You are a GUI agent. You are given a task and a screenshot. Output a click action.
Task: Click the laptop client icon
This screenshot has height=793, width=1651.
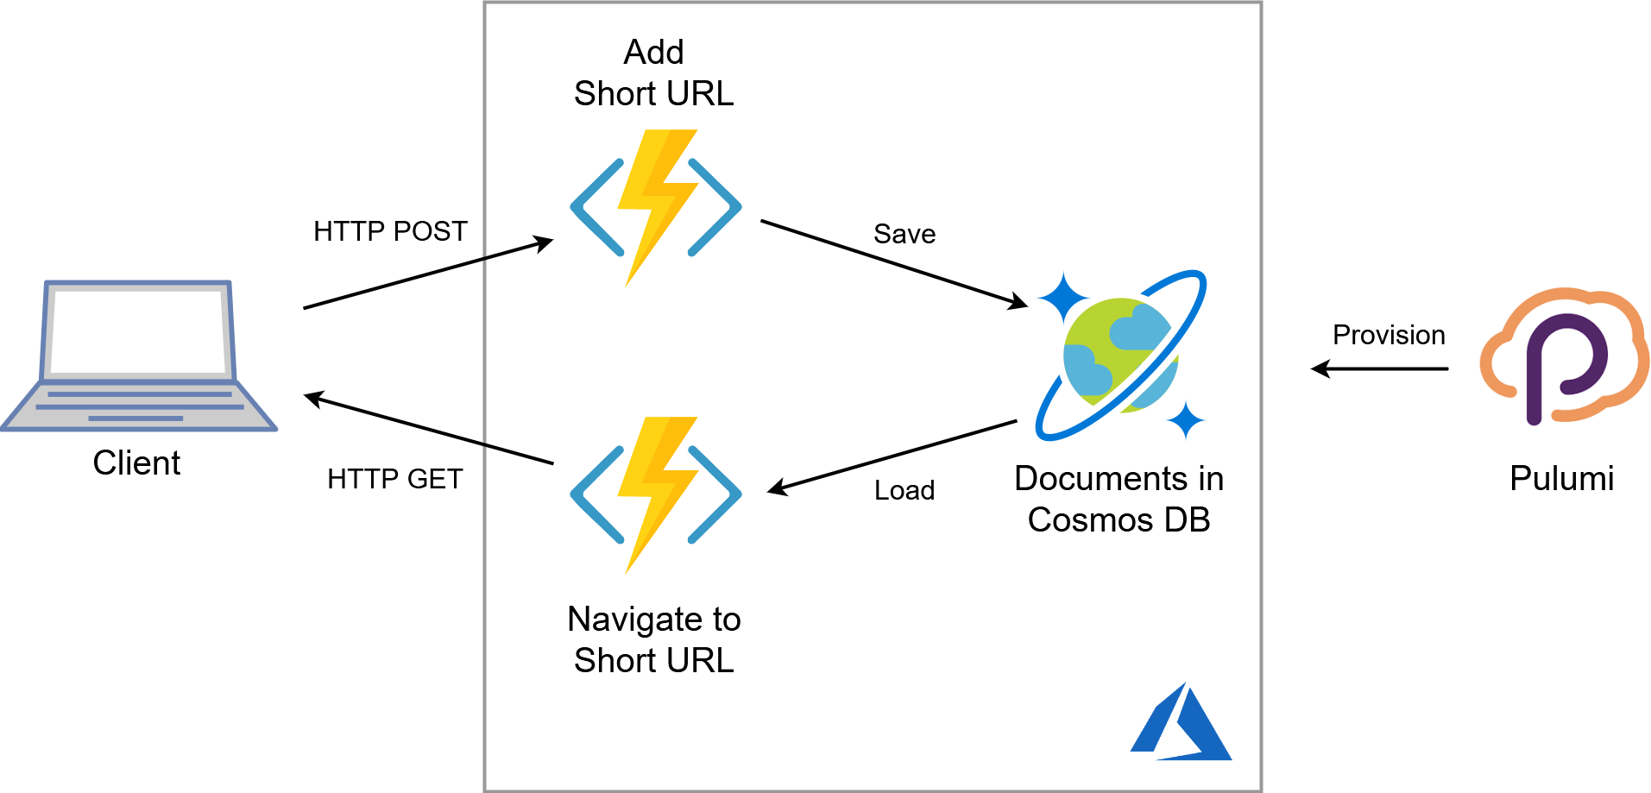(x=138, y=356)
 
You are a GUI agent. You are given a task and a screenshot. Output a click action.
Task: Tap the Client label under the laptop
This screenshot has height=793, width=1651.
(x=136, y=463)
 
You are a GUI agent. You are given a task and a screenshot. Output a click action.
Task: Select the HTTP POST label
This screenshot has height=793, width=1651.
(x=390, y=231)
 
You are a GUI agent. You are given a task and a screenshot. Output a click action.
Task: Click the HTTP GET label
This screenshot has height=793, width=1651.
(x=394, y=479)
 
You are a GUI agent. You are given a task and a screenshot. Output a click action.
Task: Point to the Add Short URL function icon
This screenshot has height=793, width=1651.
(x=656, y=207)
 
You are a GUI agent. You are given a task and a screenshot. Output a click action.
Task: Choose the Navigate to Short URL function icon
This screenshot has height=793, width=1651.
(x=656, y=494)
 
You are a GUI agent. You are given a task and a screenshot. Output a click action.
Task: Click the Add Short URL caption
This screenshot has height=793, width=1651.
(x=653, y=73)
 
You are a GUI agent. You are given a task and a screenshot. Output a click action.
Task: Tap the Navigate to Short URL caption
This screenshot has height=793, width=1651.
(x=653, y=639)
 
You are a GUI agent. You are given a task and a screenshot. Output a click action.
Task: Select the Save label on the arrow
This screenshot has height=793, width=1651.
(x=904, y=234)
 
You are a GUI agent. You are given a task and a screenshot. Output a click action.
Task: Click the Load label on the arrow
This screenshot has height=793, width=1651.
(x=904, y=490)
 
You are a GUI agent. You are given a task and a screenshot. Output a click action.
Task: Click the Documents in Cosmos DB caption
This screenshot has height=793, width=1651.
(x=1119, y=499)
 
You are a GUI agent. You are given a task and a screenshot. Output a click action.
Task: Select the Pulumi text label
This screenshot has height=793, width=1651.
(x=1561, y=478)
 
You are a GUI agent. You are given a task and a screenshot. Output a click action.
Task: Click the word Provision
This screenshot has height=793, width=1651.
(x=1388, y=335)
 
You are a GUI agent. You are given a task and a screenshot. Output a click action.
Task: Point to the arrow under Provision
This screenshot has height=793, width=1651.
(x=1379, y=369)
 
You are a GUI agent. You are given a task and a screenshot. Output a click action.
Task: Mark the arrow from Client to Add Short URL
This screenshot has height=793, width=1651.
(x=427, y=274)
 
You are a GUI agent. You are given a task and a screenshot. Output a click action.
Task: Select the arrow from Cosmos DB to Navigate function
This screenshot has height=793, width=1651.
(x=892, y=456)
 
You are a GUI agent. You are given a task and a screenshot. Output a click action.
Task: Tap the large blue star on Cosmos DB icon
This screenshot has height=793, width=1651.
(x=1063, y=298)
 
